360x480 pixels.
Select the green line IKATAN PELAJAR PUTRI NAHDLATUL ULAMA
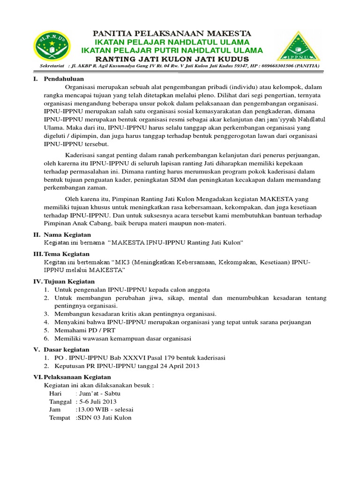coord(172,50)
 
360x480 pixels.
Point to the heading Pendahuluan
coord(64,79)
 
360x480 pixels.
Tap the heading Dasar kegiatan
coord(66,350)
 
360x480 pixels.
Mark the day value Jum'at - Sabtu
coord(99,394)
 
